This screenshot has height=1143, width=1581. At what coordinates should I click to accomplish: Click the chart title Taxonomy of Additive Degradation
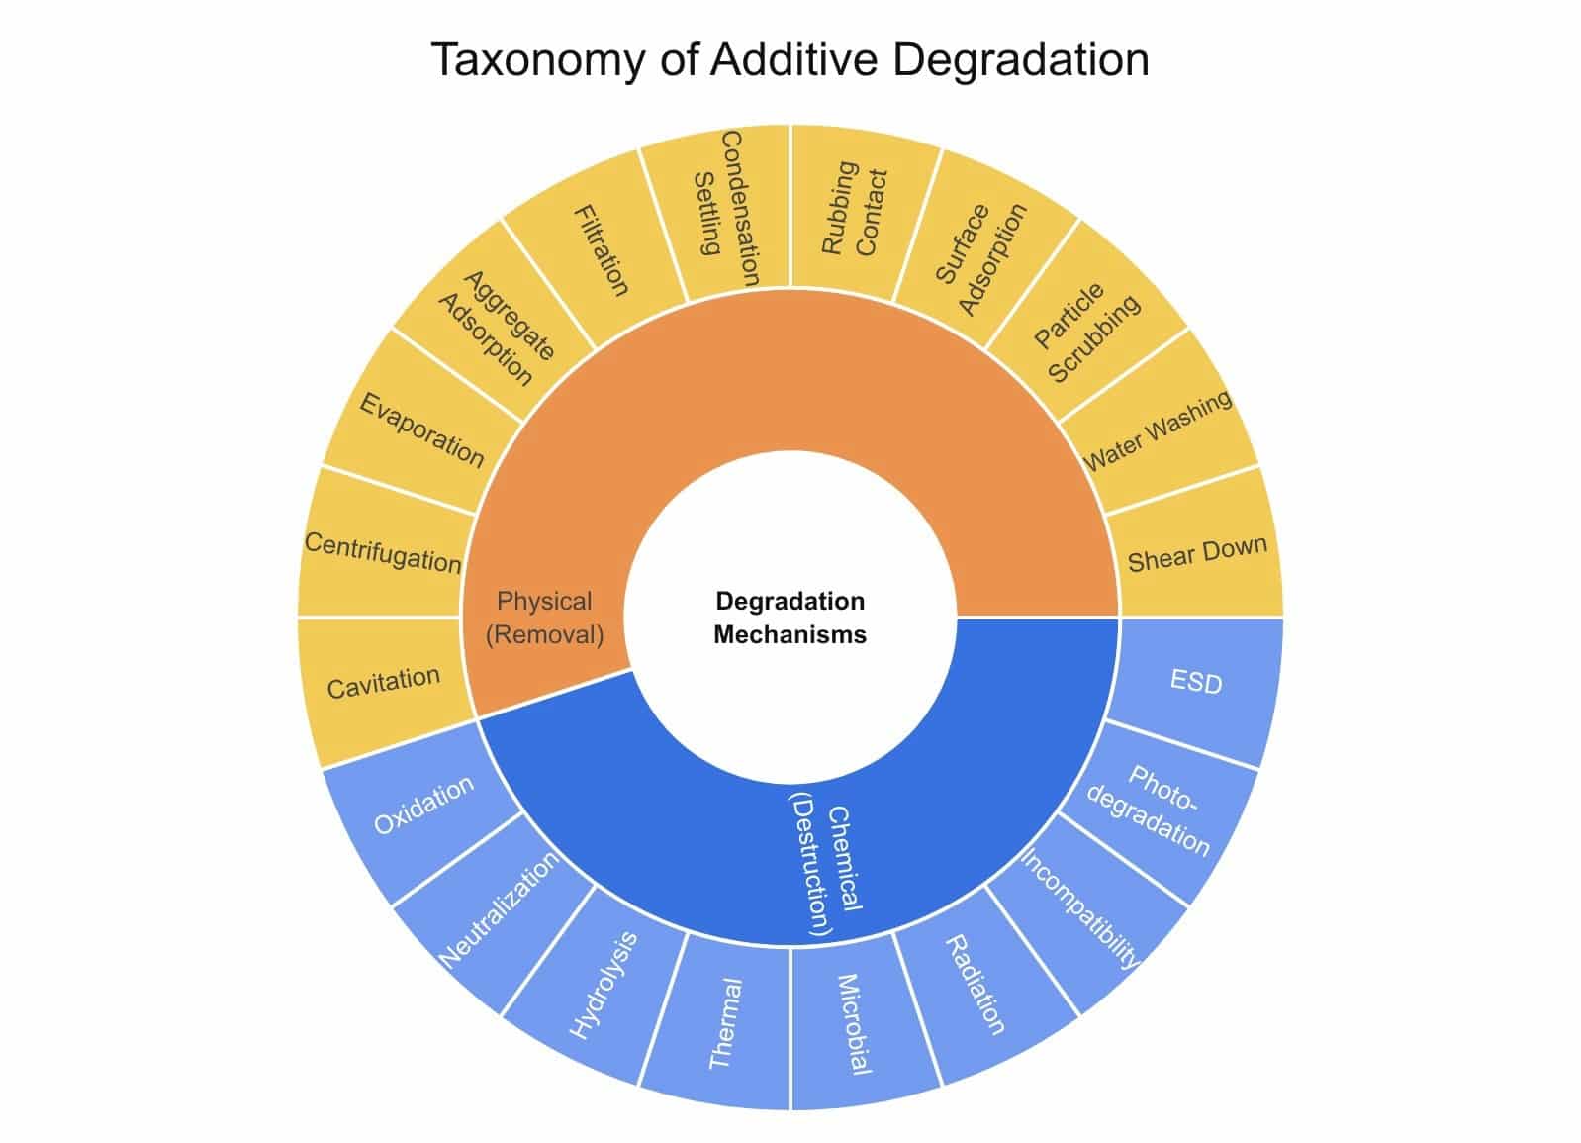tap(790, 59)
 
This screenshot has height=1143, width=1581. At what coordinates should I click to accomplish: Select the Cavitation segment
tap(384, 683)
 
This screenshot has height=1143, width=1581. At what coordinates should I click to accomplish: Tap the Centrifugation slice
tap(382, 551)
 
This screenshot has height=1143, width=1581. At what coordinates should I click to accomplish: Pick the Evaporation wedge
tap(420, 429)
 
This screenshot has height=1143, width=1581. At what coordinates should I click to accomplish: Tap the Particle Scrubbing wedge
tap(1086, 333)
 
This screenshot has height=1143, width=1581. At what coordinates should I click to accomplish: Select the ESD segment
tap(1196, 682)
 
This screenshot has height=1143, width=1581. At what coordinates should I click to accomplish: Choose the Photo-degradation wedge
tap(1152, 810)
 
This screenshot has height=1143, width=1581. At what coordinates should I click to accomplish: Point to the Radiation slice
tap(976, 984)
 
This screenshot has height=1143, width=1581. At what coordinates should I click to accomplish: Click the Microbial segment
tap(854, 1023)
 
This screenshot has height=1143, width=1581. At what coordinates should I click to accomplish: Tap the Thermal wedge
tap(725, 1023)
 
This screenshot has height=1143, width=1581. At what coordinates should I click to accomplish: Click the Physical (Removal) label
tap(544, 617)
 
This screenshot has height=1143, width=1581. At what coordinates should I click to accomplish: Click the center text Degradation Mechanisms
tap(790, 618)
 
